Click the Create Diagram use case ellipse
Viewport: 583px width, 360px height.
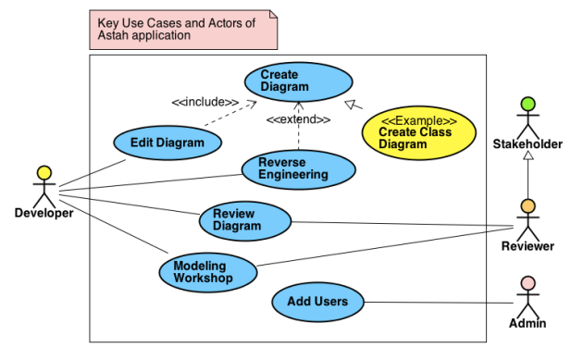tap(298, 81)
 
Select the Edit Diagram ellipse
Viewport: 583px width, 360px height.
tap(168, 143)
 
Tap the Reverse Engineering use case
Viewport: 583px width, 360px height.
tap(298, 168)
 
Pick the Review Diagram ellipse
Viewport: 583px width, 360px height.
tap(244, 220)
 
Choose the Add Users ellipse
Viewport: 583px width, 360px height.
tap(317, 302)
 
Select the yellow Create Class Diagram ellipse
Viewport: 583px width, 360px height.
tap(418, 132)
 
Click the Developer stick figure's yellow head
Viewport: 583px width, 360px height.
tap(43, 172)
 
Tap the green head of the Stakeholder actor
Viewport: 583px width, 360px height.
tap(527, 104)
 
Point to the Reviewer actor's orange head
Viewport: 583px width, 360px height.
tap(527, 205)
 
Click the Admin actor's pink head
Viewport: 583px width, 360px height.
tap(527, 283)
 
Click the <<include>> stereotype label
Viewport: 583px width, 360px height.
tap(205, 102)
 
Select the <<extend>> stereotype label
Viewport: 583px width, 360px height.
tap(298, 119)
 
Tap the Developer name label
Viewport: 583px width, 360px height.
tap(43, 214)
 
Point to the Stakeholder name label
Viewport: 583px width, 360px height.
tap(527, 143)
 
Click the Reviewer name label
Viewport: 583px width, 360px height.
tap(527, 246)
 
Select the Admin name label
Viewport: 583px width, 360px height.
tap(527, 324)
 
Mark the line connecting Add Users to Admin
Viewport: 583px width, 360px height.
tap(435, 302)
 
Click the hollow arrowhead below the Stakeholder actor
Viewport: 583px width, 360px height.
tap(527, 156)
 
